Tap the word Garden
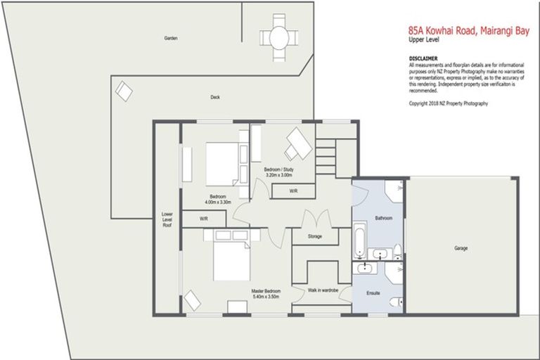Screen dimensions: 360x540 [170, 38]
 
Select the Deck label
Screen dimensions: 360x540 [215, 98]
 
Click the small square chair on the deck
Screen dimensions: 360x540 [124, 91]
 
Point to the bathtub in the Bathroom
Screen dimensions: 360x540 [359, 240]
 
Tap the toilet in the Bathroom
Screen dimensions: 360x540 [397, 251]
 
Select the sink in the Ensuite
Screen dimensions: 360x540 [366, 268]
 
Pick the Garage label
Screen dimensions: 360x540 [461, 248]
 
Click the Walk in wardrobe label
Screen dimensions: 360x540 [323, 290]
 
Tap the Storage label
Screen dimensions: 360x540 [314, 236]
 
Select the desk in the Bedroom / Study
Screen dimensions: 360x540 [298, 143]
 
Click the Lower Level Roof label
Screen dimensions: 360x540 [167, 219]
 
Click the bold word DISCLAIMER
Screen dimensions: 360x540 [423, 58]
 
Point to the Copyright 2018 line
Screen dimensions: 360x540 [448, 103]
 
